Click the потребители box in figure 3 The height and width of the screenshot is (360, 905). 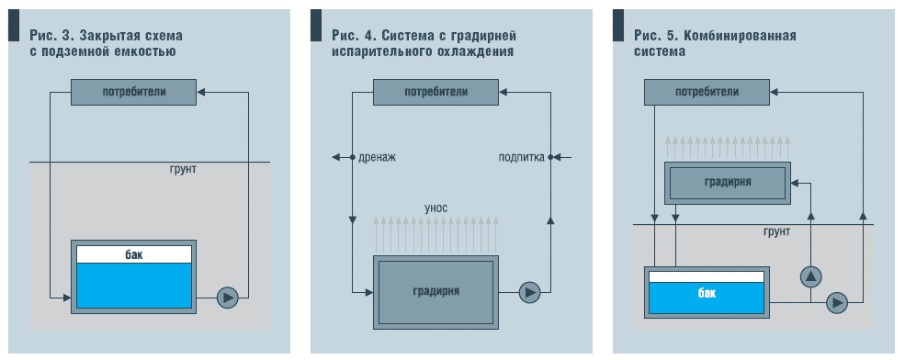pos(134,92)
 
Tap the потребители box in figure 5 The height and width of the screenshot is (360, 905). pos(707,92)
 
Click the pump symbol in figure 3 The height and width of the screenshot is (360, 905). pos(228,297)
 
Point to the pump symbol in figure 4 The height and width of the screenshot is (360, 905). pos(529,292)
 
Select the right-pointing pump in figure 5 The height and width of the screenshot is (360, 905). pos(837,300)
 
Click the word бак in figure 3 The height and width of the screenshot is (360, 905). pos(134,254)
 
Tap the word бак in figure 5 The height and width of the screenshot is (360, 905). pos(707,294)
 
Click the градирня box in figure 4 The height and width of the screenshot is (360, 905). pos(436,292)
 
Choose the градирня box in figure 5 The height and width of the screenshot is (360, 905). pos(728,183)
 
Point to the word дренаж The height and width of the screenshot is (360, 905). pos(377,158)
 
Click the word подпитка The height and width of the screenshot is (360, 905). pos(522,158)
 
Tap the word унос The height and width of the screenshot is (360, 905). pos(436,208)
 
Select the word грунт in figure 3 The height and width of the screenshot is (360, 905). pos(183,170)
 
